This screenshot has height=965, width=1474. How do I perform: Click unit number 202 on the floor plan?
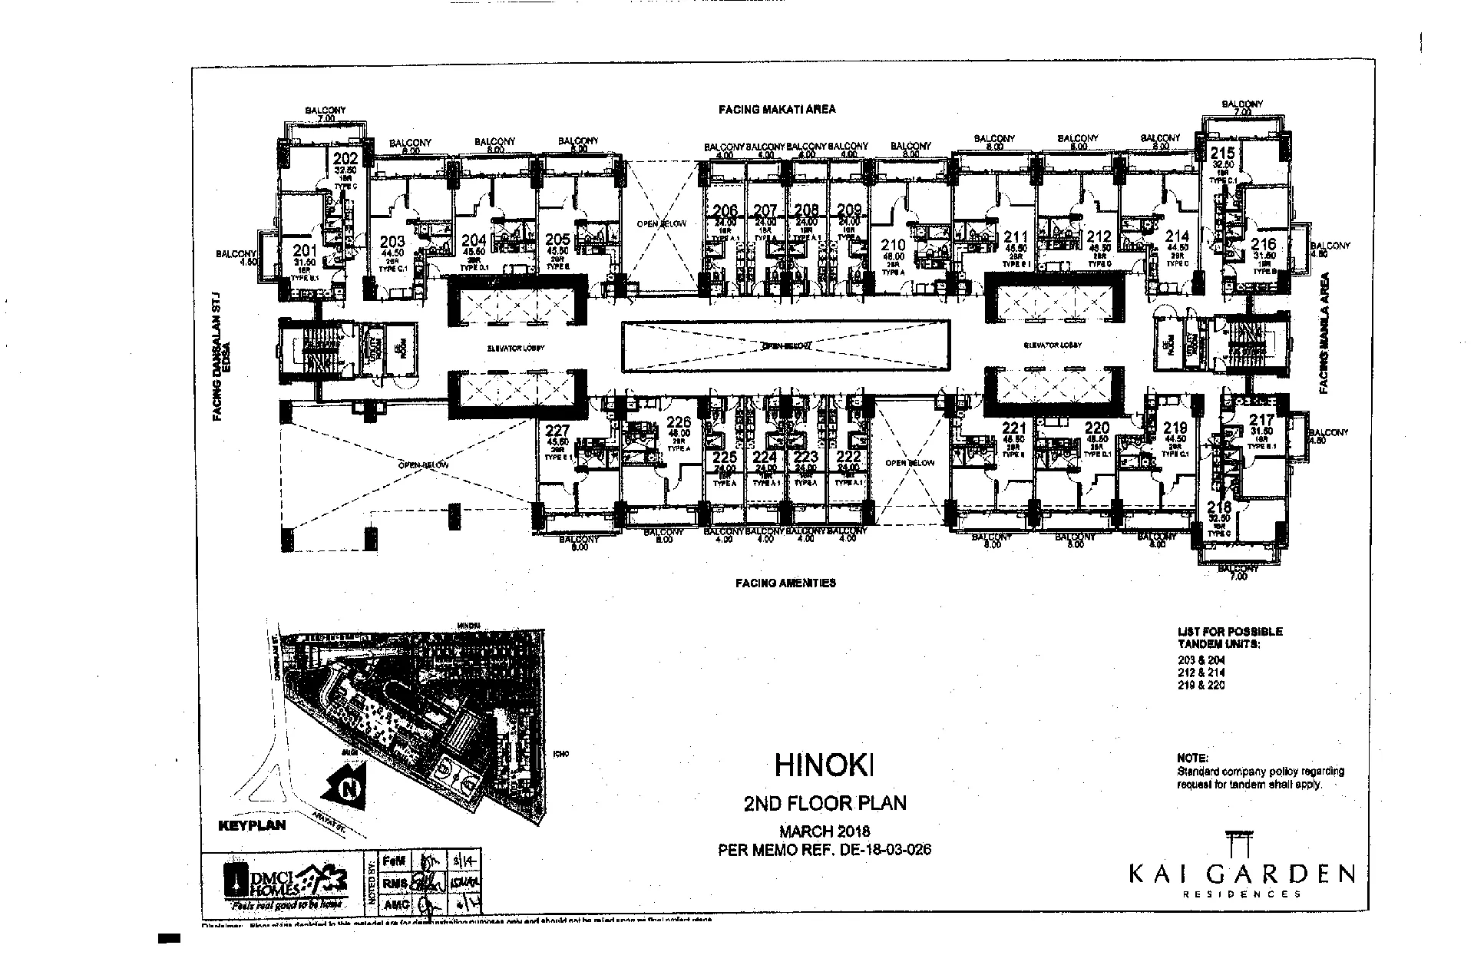[x=345, y=159]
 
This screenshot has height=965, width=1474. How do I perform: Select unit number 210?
[x=893, y=246]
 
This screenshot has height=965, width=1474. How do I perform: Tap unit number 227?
[x=557, y=431]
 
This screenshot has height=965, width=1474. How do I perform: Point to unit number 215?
[x=1223, y=153]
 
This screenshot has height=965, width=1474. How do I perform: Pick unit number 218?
[x=1219, y=507]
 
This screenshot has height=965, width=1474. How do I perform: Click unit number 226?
[x=679, y=422]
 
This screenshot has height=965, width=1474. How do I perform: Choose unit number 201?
[x=305, y=250]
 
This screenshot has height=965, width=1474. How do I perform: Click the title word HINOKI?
[x=825, y=765]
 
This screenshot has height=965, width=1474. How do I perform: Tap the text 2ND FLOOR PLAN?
[x=825, y=803]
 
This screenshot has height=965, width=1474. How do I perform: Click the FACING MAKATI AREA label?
[x=776, y=109]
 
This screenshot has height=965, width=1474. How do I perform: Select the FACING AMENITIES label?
[x=785, y=583]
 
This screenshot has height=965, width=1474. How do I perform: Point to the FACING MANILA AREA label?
[x=1324, y=333]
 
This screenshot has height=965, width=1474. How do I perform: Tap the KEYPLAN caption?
[x=252, y=826]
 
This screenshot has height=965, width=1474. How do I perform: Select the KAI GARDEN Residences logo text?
[x=1241, y=876]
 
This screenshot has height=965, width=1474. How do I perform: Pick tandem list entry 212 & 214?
[x=1201, y=673]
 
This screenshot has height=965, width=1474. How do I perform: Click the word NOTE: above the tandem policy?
[x=1192, y=758]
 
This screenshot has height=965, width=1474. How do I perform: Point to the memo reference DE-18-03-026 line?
[x=824, y=850]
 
